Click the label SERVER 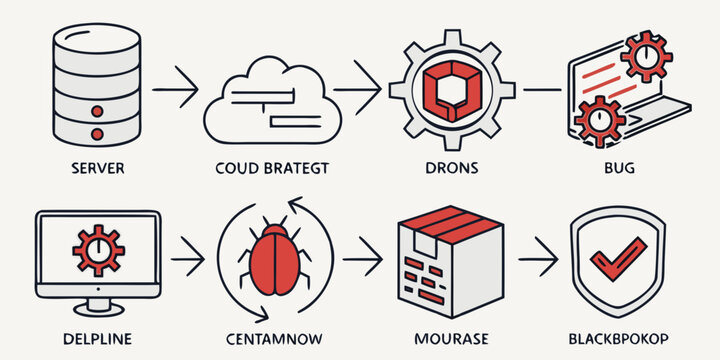pyautogui.click(x=98, y=168)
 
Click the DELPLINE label pyautogui.click(x=98, y=339)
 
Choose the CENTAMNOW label pyautogui.click(x=272, y=339)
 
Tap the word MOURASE pyautogui.click(x=443, y=339)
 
